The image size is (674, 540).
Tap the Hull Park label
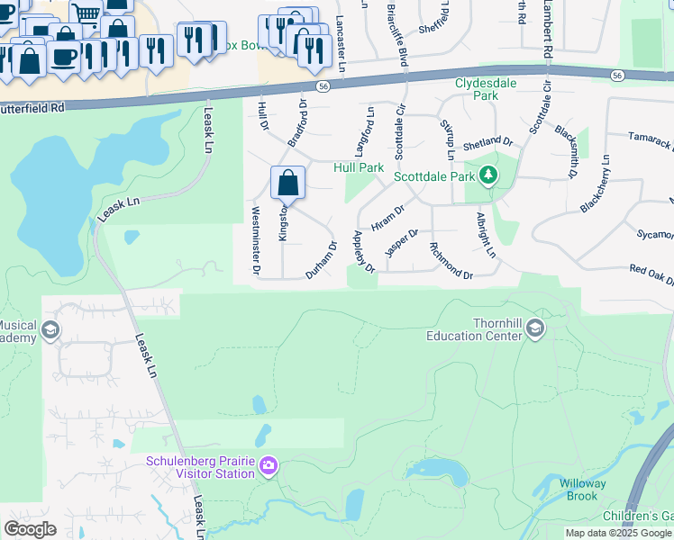(359, 167)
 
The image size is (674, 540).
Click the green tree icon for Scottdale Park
(488, 175)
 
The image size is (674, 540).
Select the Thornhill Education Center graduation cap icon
(537, 327)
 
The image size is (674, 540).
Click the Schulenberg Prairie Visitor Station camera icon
(268, 466)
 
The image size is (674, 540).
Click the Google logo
(30, 528)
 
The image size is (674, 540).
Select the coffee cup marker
(63, 58)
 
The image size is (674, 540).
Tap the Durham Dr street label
(321, 260)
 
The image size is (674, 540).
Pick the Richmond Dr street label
(451, 261)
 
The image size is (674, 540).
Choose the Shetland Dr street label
(487, 144)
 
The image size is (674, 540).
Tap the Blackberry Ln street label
(596, 184)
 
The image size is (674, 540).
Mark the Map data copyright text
(618, 533)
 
